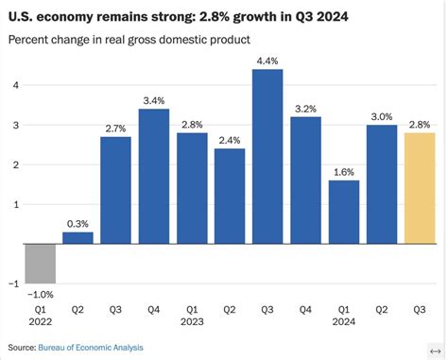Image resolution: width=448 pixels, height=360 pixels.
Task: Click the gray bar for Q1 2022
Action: tap(41, 264)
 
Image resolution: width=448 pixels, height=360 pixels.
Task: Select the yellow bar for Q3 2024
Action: tap(420, 188)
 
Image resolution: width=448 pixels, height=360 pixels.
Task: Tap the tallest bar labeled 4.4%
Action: tap(267, 156)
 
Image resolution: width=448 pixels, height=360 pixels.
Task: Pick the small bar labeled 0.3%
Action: tap(78, 238)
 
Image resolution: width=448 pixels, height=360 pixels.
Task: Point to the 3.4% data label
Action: tap(154, 99)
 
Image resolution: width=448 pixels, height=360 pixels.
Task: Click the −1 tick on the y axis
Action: tap(10, 283)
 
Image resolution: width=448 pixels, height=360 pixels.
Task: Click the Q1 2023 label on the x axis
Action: tap(192, 314)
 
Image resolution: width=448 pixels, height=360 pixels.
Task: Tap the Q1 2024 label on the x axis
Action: tap(344, 314)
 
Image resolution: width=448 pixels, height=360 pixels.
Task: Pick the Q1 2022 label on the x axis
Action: tap(41, 314)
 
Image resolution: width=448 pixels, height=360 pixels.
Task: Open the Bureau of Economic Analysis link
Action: tap(92, 348)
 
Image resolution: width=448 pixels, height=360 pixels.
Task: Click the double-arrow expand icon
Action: tap(433, 348)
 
